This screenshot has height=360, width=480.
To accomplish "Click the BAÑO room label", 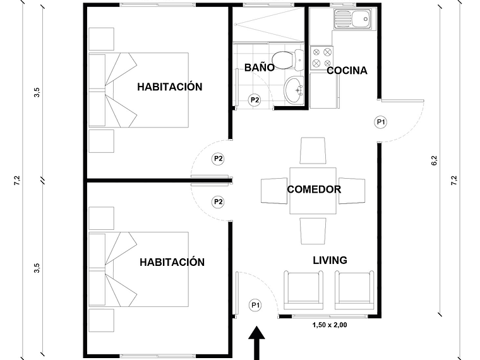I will click(260, 66).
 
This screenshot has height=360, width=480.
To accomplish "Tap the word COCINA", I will click(347, 71).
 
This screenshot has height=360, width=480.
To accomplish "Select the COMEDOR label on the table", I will click(314, 189).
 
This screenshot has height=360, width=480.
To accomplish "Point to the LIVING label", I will click(330, 260).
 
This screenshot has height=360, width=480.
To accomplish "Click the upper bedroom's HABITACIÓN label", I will click(170, 87).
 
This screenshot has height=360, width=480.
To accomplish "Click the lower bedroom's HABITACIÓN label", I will click(172, 261).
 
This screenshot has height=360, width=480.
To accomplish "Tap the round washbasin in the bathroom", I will click(294, 90).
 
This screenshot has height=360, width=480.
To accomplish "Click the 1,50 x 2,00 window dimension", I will click(329, 325).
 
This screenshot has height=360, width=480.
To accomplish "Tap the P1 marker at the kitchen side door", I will click(381, 122).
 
